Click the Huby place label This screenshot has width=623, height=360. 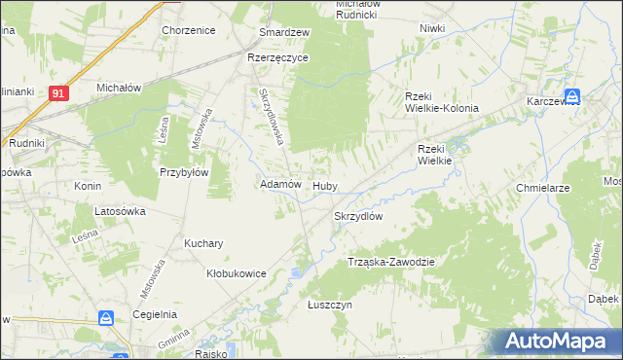pyautogui.click(x=324, y=185)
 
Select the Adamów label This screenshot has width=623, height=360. pyautogui.click(x=280, y=184)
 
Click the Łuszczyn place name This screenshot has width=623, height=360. pyautogui.click(x=329, y=305)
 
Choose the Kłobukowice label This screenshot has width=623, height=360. pyautogui.click(x=237, y=273)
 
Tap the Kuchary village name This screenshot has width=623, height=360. pyautogui.click(x=204, y=243)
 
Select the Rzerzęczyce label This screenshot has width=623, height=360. pyautogui.click(x=277, y=57)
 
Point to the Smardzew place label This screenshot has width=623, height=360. pyautogui.click(x=283, y=32)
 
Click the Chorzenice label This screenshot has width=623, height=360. pyautogui.click(x=189, y=30)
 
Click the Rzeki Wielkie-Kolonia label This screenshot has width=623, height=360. pyautogui.click(x=442, y=101)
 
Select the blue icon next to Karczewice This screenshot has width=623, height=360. pyautogui.click(x=573, y=96)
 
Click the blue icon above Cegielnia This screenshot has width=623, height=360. pyautogui.click(x=105, y=318)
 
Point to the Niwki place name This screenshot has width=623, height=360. pyautogui.click(x=432, y=28)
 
